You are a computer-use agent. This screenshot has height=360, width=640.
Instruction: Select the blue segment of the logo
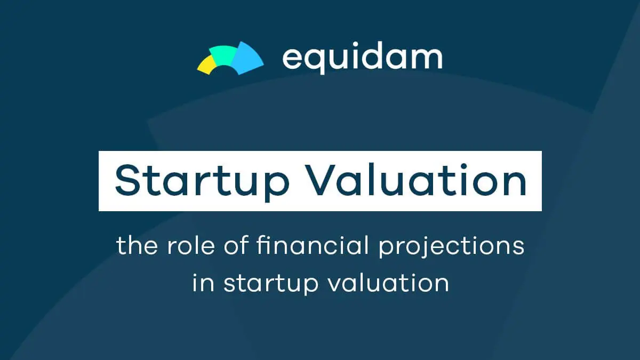point(246,58)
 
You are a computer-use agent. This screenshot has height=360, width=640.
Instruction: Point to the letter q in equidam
point(316,61)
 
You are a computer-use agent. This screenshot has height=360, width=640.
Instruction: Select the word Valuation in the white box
point(417,180)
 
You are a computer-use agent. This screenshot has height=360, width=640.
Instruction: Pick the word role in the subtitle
point(191,245)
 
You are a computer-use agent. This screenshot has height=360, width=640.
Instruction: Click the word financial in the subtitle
point(313,245)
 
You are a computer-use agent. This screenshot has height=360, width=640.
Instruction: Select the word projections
point(451,247)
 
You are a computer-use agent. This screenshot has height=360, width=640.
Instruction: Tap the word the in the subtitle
point(137,245)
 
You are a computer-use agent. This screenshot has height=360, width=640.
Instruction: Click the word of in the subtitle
point(236,245)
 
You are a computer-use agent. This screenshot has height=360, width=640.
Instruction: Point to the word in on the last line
point(203,282)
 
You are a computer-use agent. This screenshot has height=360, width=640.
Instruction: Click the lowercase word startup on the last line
point(271,284)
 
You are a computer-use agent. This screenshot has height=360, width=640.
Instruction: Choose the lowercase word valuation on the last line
point(389,282)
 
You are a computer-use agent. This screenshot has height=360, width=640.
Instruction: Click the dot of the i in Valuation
point(463,166)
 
